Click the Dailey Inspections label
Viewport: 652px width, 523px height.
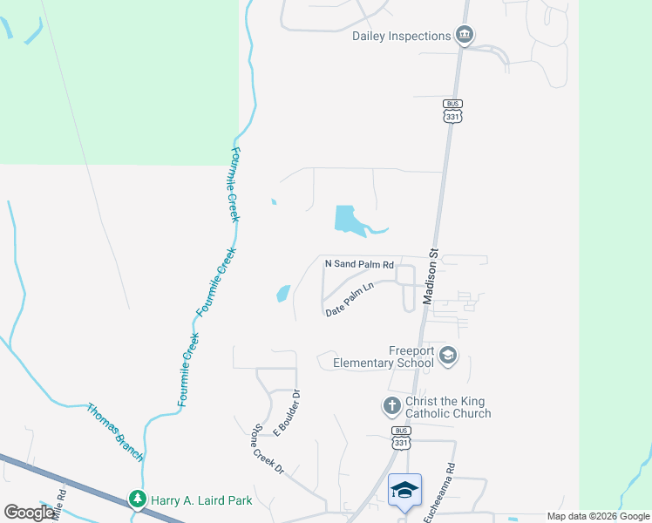pyautogui.click(x=401, y=36)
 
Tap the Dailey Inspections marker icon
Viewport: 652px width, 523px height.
pyautogui.click(x=465, y=36)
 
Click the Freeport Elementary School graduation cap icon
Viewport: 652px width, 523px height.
pyautogui.click(x=447, y=355)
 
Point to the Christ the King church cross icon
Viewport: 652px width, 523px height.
pyautogui.click(x=391, y=405)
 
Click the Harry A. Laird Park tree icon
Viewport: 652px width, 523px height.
pyautogui.click(x=137, y=499)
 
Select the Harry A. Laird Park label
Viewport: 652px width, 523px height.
pyautogui.click(x=201, y=500)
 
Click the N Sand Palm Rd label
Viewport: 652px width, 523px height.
pyautogui.click(x=359, y=263)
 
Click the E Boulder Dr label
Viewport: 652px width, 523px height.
pyautogui.click(x=288, y=412)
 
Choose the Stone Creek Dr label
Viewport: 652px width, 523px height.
pyautogui.click(x=268, y=449)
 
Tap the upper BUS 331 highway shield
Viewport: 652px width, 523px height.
pyautogui.click(x=452, y=109)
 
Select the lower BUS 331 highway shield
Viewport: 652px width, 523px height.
pyautogui.click(x=400, y=438)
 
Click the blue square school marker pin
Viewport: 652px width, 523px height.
pyautogui.click(x=404, y=491)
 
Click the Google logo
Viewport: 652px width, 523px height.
pyautogui.click(x=29, y=512)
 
